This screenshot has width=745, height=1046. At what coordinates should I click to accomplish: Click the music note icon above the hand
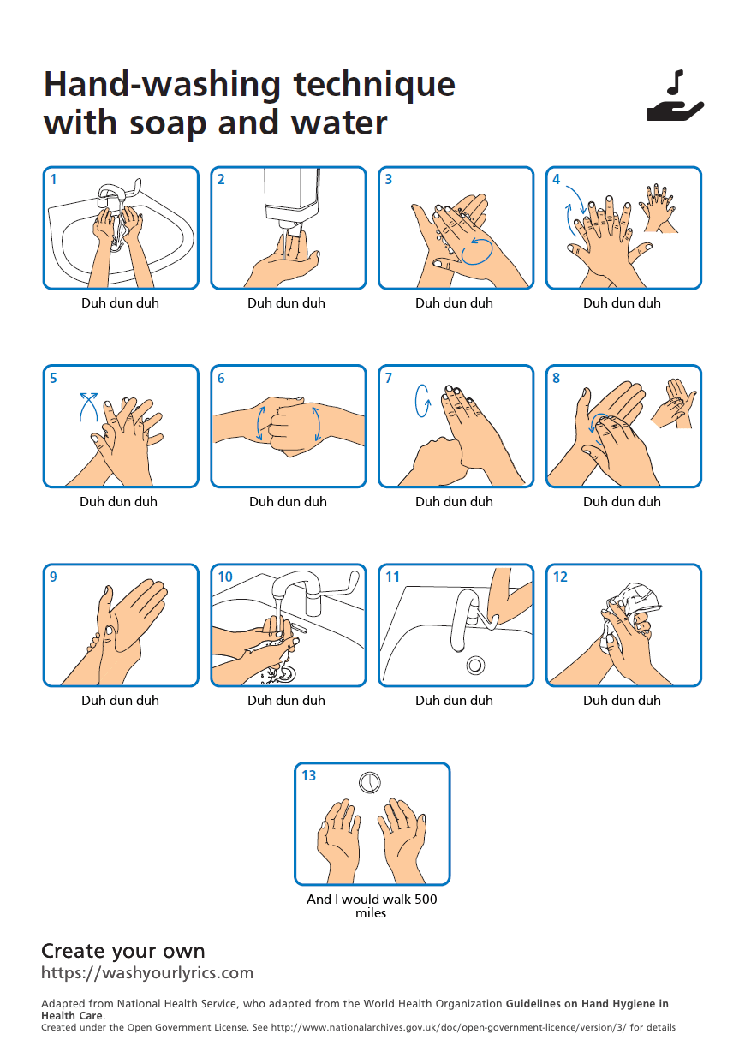(675, 81)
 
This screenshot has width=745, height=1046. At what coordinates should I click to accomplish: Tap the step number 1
(53, 179)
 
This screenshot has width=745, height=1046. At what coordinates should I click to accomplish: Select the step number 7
(389, 378)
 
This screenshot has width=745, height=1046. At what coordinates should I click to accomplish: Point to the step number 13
(308, 775)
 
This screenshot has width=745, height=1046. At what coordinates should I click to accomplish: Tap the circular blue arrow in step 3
(477, 252)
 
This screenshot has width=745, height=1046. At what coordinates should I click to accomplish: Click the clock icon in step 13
(370, 782)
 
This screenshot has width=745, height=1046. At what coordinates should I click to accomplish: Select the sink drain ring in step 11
(475, 665)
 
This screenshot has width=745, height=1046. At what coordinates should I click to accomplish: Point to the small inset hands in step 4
(659, 208)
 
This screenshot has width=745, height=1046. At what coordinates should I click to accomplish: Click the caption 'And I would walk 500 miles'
(372, 906)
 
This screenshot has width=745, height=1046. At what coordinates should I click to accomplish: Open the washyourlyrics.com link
(147, 972)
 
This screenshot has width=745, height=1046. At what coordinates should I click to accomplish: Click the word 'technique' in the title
(374, 85)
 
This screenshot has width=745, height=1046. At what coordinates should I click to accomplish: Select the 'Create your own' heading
(123, 951)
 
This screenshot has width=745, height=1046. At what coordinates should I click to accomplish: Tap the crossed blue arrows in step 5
(89, 407)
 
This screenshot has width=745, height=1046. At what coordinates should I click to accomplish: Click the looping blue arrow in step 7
(422, 401)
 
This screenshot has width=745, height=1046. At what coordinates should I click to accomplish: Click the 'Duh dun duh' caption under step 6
(288, 501)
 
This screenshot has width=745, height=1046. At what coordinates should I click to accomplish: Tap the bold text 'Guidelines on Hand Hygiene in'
(587, 1003)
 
